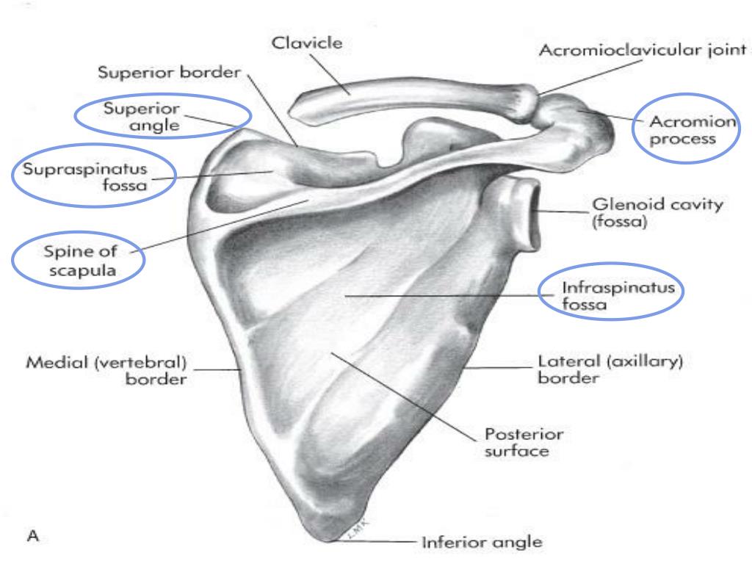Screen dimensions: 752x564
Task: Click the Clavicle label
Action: (x=307, y=43)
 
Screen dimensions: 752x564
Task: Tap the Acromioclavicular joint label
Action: (x=642, y=51)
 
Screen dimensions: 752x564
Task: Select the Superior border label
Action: (x=170, y=73)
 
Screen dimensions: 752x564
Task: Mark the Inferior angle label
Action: (x=481, y=544)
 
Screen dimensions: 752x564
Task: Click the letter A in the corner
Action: (x=32, y=538)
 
